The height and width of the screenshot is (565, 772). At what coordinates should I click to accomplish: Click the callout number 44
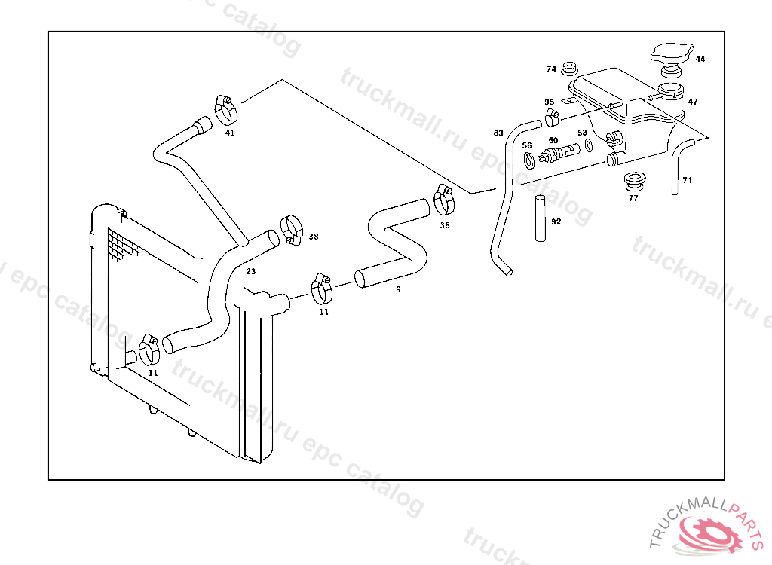point(700,59)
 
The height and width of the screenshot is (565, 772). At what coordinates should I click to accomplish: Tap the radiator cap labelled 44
point(672,55)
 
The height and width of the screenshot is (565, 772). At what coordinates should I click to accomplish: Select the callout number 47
point(693,102)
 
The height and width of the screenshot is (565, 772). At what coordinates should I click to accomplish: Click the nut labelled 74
point(570,69)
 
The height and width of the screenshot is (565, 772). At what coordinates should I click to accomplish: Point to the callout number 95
point(550,102)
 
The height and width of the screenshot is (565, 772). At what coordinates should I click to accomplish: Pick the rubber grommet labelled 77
point(635,181)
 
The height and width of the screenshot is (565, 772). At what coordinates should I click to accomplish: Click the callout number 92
point(556,222)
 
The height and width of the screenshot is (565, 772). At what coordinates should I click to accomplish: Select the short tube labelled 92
point(541,218)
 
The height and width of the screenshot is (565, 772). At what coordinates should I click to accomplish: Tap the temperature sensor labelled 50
point(559,154)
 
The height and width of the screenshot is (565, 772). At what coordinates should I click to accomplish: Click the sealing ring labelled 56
point(528,160)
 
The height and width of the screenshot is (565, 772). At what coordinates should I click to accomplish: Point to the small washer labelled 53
point(588,145)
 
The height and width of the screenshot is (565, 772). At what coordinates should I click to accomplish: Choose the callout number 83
point(498,133)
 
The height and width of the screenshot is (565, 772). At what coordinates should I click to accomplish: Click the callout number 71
point(687,180)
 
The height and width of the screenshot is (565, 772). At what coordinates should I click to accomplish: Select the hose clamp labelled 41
point(226,110)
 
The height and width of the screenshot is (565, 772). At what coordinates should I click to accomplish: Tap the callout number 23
point(250,271)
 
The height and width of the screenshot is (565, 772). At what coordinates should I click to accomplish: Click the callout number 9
point(398,289)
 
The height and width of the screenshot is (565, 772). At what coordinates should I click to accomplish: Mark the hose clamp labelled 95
point(552,117)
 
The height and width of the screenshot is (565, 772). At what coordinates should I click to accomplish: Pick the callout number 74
point(551,69)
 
